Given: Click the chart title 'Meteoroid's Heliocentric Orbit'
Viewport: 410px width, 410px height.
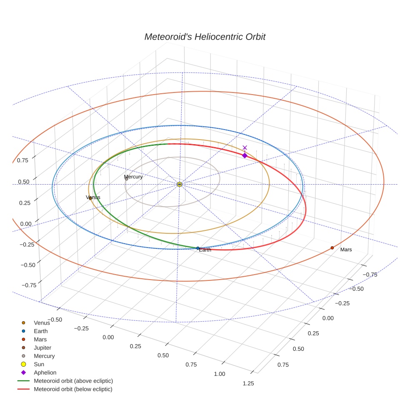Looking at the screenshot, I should tap(205, 37).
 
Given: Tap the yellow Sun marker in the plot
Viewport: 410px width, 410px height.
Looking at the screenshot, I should tap(180, 184).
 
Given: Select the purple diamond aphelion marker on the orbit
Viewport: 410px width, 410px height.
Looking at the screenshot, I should tap(245, 155).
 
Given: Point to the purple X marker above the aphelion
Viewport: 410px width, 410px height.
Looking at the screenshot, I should tap(245, 147).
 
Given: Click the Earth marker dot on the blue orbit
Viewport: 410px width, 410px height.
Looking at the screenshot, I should tap(198, 248).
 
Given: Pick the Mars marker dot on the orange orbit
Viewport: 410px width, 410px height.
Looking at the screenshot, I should tap(332, 248).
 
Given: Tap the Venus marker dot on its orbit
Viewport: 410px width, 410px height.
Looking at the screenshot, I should tap(90, 198).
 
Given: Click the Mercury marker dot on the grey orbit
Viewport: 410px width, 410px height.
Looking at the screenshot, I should tap(127, 179).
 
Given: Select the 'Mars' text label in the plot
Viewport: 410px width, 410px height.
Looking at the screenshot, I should tap(346, 250).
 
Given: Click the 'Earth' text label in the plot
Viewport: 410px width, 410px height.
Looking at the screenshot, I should tap(205, 250).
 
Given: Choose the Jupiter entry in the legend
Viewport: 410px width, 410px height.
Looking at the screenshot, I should tap(42, 347).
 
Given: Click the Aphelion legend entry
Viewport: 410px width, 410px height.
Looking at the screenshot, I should tap(45, 372).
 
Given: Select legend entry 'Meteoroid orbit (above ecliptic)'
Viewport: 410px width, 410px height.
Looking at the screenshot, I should tap(73, 381).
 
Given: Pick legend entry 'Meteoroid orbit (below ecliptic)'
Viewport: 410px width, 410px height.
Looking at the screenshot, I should tap(73, 389).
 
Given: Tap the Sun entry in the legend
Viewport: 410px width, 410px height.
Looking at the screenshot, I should tap(39, 364).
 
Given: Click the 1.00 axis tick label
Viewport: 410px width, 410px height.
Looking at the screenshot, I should tap(219, 374).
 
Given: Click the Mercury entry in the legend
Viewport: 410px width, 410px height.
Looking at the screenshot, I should tap(44, 356).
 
